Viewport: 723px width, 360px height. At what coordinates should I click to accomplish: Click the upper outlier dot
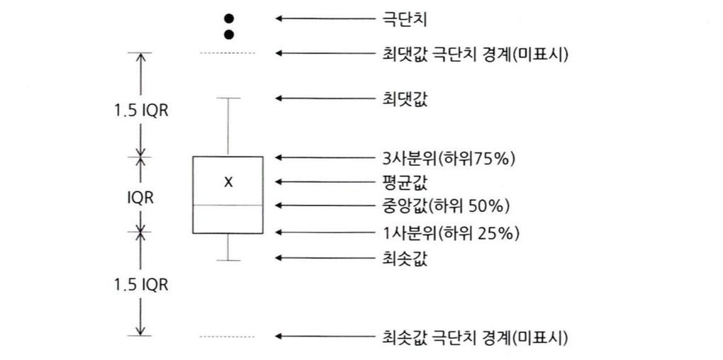pyautogui.click(x=228, y=18)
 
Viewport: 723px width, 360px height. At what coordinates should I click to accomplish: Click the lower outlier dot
pyautogui.click(x=228, y=34)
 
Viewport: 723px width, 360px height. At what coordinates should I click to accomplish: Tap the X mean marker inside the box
pyautogui.click(x=228, y=182)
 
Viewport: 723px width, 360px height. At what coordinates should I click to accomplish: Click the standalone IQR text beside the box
pyautogui.click(x=141, y=198)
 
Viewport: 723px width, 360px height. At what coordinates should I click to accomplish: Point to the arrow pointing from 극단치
pyautogui.click(x=323, y=18)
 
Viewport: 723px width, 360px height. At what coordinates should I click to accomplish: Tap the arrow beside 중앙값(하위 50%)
pyautogui.click(x=323, y=206)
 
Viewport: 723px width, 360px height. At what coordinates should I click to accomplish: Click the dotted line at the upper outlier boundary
pyautogui.click(x=228, y=53)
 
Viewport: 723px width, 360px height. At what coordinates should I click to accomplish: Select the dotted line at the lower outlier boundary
pyautogui.click(x=228, y=337)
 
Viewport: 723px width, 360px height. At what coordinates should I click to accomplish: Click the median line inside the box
pyautogui.click(x=228, y=205)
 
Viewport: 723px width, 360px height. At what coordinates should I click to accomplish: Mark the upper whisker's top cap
pyautogui.click(x=228, y=98)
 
